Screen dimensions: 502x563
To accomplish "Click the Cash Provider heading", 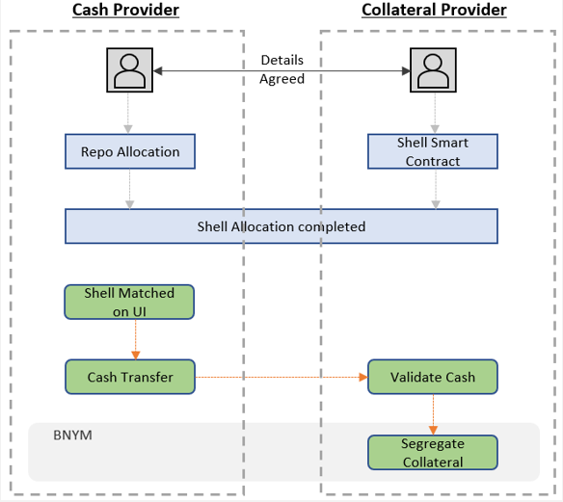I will click(x=125, y=11).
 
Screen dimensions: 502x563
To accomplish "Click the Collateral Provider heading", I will click(x=434, y=11).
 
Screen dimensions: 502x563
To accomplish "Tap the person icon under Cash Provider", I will click(x=129, y=70).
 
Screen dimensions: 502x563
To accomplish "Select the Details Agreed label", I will click(x=281, y=69).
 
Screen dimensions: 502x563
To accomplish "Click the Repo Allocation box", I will click(x=129, y=151).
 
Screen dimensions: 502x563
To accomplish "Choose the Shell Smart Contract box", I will click(x=433, y=151).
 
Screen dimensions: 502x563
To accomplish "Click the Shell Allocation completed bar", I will click(x=281, y=226).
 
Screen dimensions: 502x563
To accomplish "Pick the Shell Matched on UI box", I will click(x=129, y=302).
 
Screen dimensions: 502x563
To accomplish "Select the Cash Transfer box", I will click(x=129, y=377).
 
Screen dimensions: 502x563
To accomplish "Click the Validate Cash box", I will click(x=433, y=377).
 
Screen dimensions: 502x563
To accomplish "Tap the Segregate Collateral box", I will click(x=433, y=452).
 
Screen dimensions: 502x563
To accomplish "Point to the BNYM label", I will click(x=73, y=436).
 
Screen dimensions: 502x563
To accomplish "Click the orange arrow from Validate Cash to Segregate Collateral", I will click(x=433, y=414).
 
